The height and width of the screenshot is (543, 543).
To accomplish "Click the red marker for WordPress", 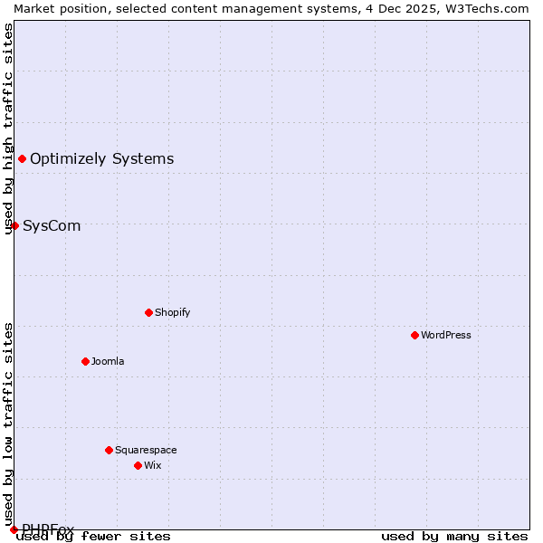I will coord(414,335).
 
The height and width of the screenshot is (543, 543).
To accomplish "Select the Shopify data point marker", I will coord(148,312).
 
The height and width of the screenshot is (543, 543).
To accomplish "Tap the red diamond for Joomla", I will coord(85,361).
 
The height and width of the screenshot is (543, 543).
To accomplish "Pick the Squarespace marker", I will coord(109,450).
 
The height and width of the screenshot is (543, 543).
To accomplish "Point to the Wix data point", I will coord(138,465).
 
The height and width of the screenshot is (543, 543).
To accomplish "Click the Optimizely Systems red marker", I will coord(22,159).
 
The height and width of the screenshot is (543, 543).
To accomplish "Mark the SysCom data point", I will coord(14,225).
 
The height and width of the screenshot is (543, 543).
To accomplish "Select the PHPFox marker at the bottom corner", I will coord(14,529).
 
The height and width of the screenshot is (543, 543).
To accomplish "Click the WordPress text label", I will coord(446,335).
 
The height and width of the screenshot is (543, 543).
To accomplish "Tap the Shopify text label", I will coord(173,312).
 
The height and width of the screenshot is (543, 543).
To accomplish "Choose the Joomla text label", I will coord(108,361).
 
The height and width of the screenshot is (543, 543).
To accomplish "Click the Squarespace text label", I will coord(146,450).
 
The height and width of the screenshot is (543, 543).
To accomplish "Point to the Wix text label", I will coord(153,465).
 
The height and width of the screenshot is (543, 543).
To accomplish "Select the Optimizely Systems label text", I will coord(102,159).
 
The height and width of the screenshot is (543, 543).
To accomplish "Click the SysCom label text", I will coord(52,225).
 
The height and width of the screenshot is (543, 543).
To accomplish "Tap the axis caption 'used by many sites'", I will coord(454,536).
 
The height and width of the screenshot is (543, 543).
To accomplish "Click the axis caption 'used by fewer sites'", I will coord(93,536).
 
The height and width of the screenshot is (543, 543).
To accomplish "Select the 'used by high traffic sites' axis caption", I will coord(8,129).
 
